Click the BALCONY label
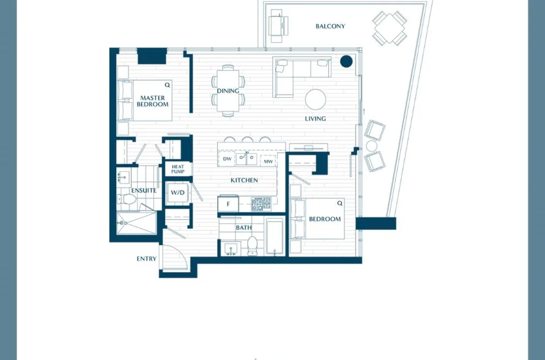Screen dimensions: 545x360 point(330,26)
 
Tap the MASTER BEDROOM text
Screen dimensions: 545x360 point(153,101)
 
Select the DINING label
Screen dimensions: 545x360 point(228,91)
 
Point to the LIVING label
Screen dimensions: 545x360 point(315,118)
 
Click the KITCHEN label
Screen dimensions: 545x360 point(244,180)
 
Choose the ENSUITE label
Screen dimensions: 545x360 point(144,190)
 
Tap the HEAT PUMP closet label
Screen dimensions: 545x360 point(178,169)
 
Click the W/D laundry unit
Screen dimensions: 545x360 point(178,192)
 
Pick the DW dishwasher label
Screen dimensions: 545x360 point(228,159)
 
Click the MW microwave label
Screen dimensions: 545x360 point(268,161)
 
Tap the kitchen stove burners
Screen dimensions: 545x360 point(261,204)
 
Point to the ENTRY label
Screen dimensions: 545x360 point(146,258)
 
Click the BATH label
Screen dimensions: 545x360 point(244,228)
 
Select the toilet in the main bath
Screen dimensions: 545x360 point(252,246)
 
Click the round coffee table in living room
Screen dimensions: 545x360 point(316,100)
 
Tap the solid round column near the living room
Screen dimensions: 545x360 point(346,61)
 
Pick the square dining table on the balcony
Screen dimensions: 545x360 point(390,28)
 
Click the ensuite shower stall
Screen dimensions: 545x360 point(136,223)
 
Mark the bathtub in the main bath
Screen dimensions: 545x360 point(275,236)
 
